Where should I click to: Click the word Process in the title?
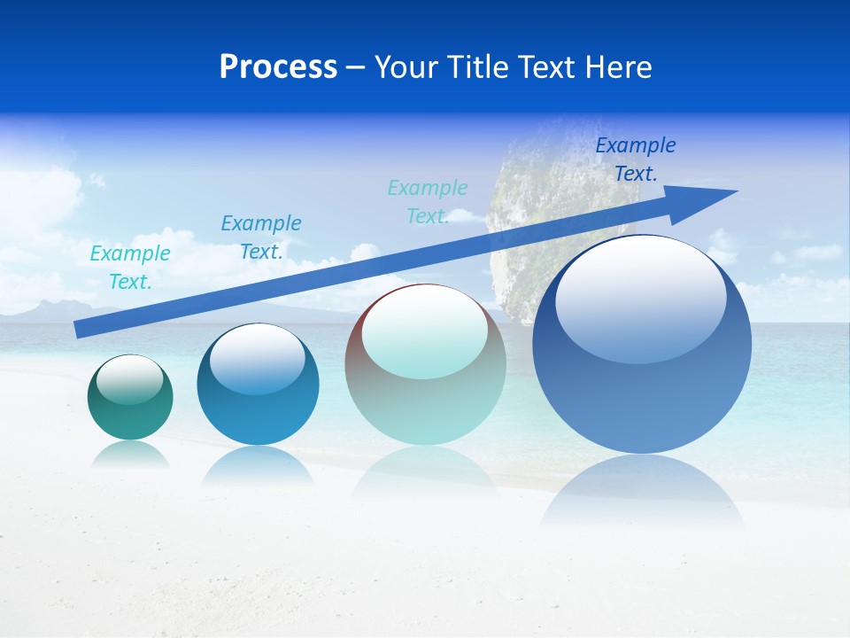(x=278, y=67)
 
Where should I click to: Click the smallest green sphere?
(x=130, y=398)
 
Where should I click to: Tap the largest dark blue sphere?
(x=642, y=346)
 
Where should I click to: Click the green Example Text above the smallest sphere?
(x=130, y=268)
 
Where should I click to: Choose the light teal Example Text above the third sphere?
(x=428, y=202)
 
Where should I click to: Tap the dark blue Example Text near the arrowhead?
(x=636, y=159)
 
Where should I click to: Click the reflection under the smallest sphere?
(x=130, y=455)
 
